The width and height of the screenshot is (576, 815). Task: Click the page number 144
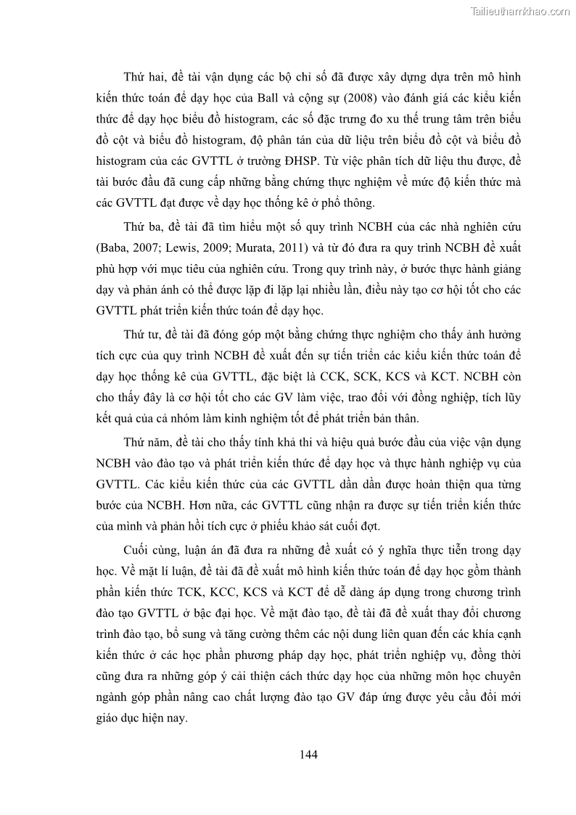[308, 753]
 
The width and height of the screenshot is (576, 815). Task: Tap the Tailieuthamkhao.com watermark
[520, 11]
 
